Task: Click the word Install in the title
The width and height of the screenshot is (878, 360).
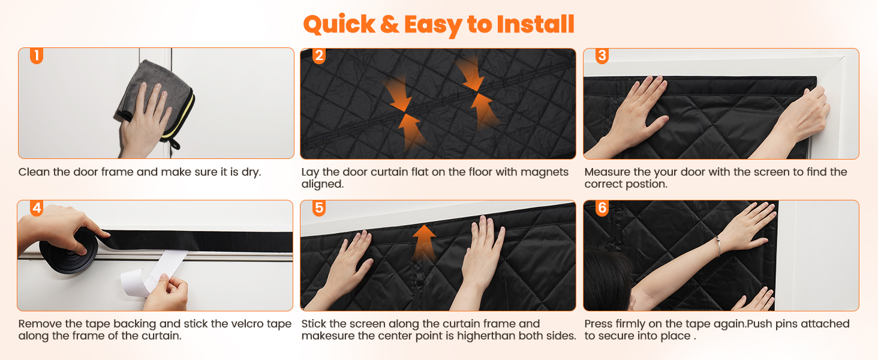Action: [536, 25]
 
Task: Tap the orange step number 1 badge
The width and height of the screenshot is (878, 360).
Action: [37, 56]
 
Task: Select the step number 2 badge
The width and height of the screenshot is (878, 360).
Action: [319, 56]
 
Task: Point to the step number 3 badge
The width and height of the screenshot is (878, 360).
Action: [602, 56]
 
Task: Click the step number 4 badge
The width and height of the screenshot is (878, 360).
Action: [37, 208]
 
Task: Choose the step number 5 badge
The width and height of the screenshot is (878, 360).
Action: [319, 208]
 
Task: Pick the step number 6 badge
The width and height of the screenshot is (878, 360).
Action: [602, 208]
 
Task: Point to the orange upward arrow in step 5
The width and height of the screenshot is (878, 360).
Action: [424, 243]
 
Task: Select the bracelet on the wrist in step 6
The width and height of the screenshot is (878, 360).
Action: [718, 246]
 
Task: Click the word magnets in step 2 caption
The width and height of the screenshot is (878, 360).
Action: [545, 172]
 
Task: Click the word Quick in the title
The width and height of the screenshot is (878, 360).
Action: [339, 25]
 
